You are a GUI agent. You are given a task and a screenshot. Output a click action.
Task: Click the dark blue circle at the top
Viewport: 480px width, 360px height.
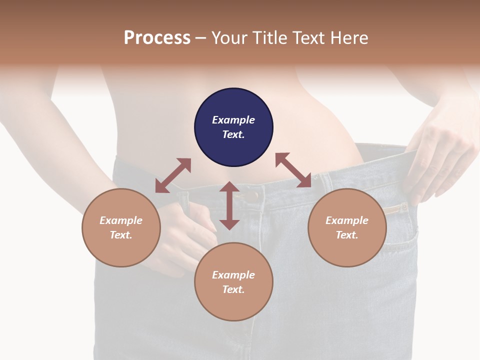pos(233,127)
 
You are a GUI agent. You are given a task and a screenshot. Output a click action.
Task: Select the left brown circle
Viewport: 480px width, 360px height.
pos(121,227)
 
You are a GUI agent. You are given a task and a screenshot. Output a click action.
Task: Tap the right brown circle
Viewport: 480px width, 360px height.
pos(347,227)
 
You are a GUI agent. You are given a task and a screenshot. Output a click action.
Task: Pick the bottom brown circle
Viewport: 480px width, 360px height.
pos(233,282)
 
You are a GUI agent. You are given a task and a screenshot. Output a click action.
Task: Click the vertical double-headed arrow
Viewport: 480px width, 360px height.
pos(229,205)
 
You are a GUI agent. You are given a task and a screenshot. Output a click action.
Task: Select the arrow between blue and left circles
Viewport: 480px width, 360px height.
pos(173,175)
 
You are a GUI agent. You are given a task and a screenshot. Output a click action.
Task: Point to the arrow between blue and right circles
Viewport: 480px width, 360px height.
pos(293,170)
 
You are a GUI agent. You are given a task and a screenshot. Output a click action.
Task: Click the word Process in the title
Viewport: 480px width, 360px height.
pos(157,37)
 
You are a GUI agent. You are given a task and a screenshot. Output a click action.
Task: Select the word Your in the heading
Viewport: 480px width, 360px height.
pos(229,37)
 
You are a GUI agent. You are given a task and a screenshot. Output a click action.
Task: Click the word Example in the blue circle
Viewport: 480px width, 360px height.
pos(233,120)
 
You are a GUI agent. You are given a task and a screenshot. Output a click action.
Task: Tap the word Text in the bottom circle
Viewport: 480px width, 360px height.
pos(233,289)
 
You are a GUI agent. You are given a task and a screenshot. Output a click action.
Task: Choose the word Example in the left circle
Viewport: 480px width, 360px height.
pos(121,220)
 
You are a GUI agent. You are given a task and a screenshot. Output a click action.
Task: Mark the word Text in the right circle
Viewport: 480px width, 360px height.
pos(347,235)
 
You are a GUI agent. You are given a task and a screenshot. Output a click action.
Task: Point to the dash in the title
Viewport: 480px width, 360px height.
pos(201,38)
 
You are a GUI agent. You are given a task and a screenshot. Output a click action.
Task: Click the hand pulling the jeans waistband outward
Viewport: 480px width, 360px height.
pos(440,160)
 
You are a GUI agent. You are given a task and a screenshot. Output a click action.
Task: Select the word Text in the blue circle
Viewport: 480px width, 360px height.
pos(233,134)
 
